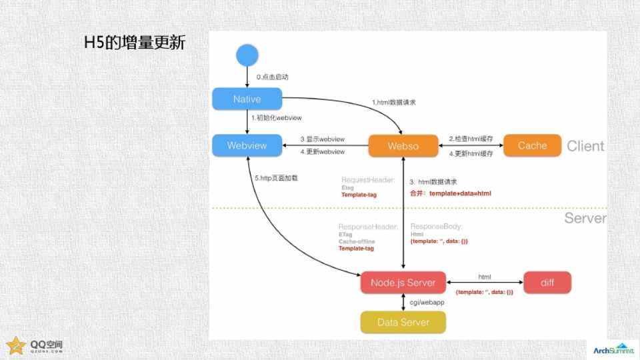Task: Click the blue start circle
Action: (247, 55)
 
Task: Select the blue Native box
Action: (247, 99)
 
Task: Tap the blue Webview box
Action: (247, 145)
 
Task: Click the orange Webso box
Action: (403, 146)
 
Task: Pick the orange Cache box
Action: (532, 145)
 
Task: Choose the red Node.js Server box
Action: (403, 283)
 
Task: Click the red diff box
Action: (547, 283)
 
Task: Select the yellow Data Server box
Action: (403, 322)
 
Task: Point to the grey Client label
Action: (585, 146)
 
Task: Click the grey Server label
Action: (585, 218)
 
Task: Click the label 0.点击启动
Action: (273, 77)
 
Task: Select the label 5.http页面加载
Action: (276, 178)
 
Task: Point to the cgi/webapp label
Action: (427, 303)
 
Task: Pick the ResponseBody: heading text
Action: (436, 227)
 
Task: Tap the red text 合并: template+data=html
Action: (451, 193)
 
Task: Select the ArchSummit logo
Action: (612, 349)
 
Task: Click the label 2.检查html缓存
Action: (471, 138)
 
